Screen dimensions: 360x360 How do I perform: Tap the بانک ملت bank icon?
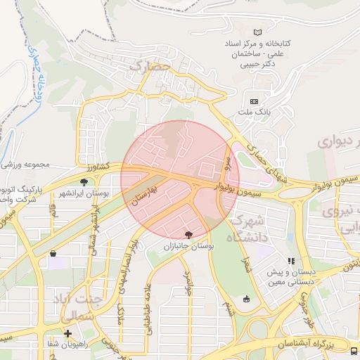(x=254, y=101)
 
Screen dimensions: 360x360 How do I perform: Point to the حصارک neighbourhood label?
(x=150, y=65)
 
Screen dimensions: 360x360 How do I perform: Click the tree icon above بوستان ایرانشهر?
(x=84, y=182)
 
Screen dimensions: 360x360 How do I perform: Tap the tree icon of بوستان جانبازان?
(x=188, y=236)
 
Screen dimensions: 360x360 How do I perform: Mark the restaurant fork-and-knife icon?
(x=291, y=262)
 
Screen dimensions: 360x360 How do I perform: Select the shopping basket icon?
(x=53, y=254)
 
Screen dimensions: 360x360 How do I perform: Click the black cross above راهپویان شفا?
(x=67, y=334)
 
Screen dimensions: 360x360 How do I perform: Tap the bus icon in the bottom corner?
(x=354, y=351)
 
